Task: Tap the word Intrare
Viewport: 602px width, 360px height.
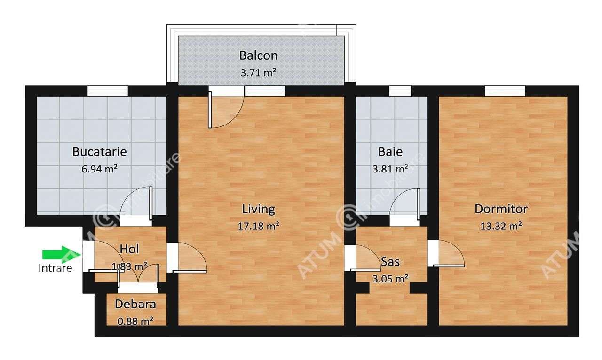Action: click(55, 268)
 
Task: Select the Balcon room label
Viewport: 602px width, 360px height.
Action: click(258, 55)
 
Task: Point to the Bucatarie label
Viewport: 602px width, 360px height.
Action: click(99, 152)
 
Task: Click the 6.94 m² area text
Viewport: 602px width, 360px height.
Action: click(99, 169)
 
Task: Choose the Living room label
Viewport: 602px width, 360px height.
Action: click(258, 208)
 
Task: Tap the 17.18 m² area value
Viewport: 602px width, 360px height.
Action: click(259, 226)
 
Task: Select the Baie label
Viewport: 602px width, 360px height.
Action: click(390, 152)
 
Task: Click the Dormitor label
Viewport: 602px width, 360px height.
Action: click(501, 209)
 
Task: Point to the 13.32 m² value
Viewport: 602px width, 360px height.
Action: click(501, 226)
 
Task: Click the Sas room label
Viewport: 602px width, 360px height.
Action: click(390, 261)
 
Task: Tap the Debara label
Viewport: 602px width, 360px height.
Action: click(135, 304)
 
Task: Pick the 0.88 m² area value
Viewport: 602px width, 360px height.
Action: click(135, 321)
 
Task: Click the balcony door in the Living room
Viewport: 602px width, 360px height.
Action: click(225, 110)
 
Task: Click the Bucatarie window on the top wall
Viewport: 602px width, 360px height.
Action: click(108, 91)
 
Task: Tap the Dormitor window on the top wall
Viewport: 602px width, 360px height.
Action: click(505, 91)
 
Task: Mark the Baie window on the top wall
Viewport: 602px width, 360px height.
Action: click(400, 91)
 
